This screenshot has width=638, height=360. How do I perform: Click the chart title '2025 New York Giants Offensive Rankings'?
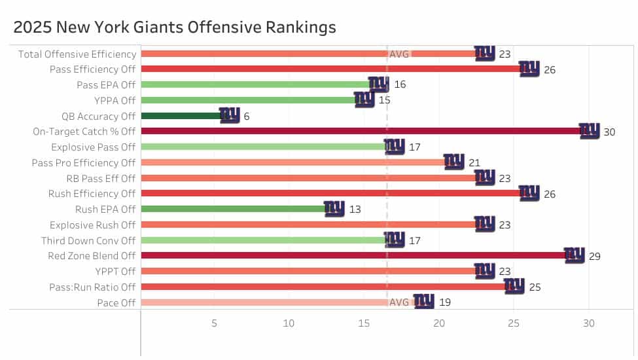click(175, 27)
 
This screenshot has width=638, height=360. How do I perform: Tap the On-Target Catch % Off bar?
click(360, 132)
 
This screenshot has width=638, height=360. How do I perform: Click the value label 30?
click(609, 132)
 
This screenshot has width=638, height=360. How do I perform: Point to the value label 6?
click(247, 117)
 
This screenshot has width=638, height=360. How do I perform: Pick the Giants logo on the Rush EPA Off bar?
click(334, 209)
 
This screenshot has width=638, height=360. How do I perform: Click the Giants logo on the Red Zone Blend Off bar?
click(575, 255)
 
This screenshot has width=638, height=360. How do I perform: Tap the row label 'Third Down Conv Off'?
click(88, 241)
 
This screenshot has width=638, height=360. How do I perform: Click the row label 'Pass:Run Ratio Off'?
click(92, 287)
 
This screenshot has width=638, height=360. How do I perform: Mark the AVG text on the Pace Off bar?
click(399, 302)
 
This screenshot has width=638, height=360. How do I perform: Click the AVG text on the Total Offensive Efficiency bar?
click(399, 54)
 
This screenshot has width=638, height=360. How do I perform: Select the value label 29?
click(594, 257)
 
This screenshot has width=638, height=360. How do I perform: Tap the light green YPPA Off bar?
click(249, 100)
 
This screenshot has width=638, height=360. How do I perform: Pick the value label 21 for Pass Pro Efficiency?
click(474, 163)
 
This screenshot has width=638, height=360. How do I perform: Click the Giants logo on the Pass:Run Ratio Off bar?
click(514, 286)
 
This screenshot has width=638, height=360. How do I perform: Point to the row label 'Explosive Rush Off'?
click(92, 225)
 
